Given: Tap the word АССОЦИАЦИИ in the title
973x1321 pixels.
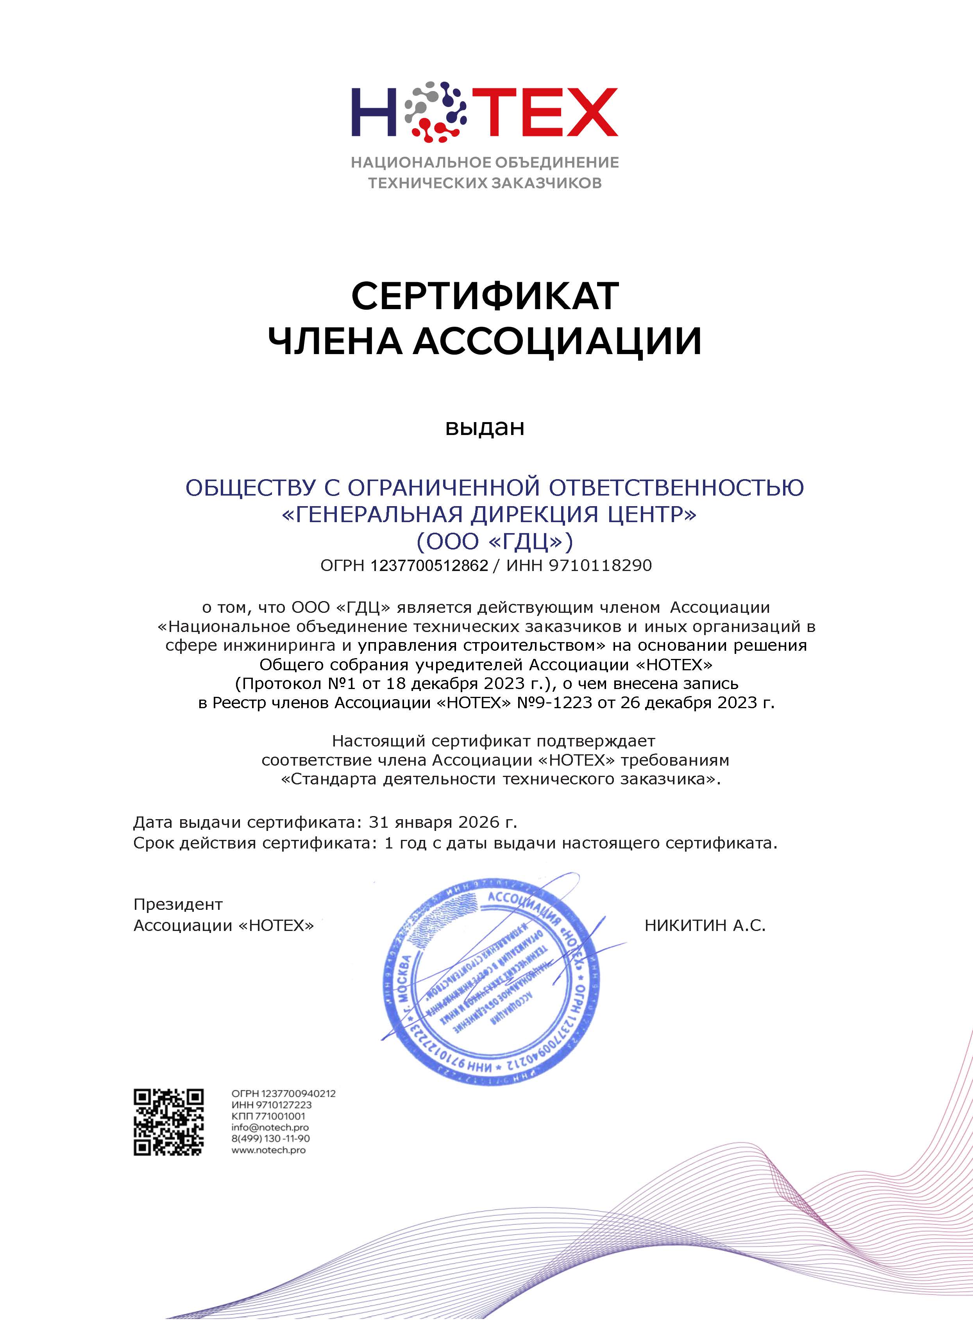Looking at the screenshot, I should click(x=557, y=342).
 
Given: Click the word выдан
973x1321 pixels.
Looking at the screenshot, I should click(x=485, y=428).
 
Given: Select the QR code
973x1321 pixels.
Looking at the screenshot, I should click(x=168, y=1122).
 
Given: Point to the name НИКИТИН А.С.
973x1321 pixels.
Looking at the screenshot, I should click(x=705, y=925).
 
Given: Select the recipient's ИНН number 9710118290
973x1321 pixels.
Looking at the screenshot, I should click(x=600, y=566).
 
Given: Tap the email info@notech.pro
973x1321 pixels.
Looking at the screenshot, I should click(x=270, y=1127).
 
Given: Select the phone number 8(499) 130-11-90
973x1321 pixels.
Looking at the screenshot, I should click(x=270, y=1138).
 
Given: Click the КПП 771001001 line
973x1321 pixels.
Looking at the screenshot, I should click(x=268, y=1116).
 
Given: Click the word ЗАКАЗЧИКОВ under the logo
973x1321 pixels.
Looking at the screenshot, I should click(x=547, y=183).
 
